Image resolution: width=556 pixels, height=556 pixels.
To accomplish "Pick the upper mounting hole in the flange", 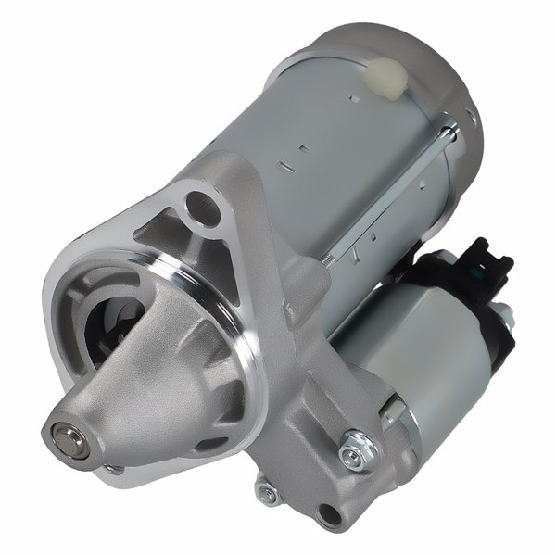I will point(197,203).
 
